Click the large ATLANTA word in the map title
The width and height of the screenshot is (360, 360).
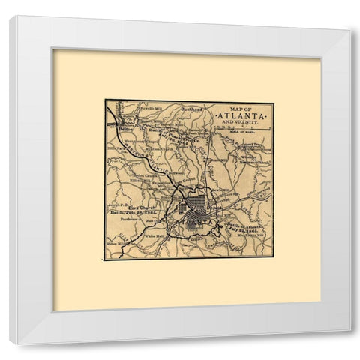(241, 116)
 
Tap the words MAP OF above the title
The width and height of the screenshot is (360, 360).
(243, 107)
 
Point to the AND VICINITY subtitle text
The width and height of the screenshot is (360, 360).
(241, 124)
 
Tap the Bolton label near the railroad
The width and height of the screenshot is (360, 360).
(126, 129)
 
